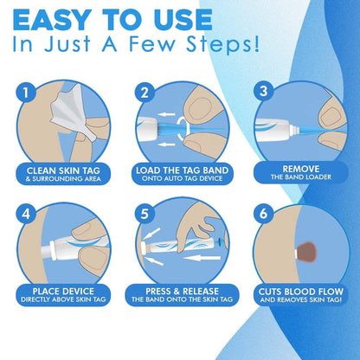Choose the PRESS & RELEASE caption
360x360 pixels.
tap(179, 291)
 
